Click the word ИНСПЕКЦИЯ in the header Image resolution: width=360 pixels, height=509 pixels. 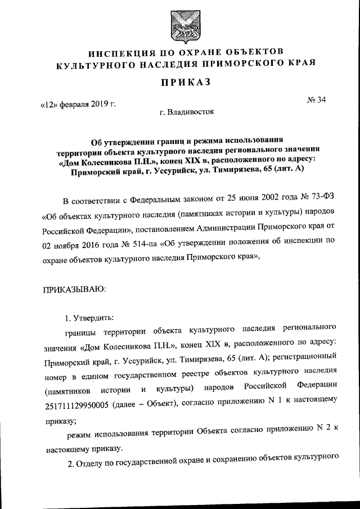[100, 53]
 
